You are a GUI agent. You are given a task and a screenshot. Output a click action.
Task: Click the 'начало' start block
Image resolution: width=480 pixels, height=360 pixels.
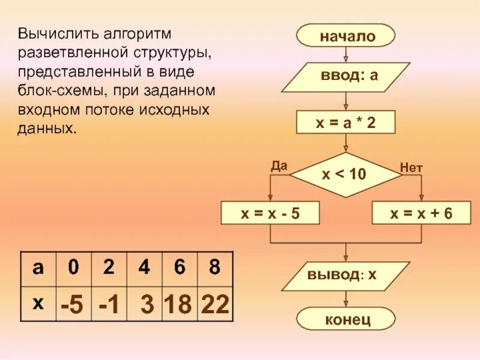point(346,36)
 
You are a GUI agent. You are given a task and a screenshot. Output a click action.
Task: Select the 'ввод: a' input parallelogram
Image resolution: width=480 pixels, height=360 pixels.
point(346,77)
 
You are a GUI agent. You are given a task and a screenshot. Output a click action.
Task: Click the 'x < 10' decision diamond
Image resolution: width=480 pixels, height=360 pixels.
point(345,175)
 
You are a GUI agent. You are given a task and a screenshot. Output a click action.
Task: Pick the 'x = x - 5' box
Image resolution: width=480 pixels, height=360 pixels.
point(271,213)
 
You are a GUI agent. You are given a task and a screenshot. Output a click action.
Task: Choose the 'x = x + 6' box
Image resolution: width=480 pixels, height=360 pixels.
point(421,213)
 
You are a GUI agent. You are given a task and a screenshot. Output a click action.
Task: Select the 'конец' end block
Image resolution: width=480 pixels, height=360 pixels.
point(346,319)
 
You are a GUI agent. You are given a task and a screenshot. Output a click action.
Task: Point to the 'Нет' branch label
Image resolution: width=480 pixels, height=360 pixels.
point(412,169)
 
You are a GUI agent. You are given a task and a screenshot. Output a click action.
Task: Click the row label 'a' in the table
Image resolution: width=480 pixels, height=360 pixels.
point(38,268)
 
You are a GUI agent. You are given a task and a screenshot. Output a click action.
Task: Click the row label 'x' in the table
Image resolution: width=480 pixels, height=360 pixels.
point(38,303)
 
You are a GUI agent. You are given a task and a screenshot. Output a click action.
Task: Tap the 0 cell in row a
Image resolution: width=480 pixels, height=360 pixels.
point(73,268)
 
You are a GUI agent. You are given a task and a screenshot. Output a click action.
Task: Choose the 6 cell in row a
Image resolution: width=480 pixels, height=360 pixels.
point(179,268)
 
